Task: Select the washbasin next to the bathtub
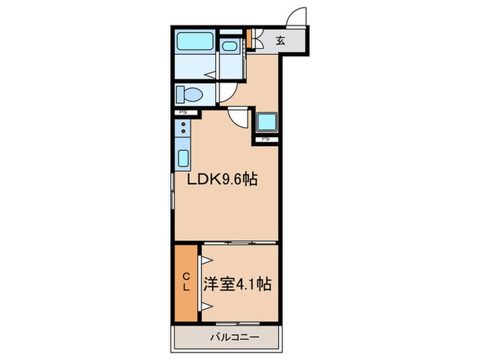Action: pos(231,47)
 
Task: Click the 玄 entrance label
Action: pos(280,41)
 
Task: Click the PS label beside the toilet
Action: pos(183,112)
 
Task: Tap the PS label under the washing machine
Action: pos(266,139)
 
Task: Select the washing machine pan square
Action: pos(266,121)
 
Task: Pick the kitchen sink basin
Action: pos(184,158)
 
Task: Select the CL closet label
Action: pos(186,283)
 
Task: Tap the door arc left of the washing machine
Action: pos(239,119)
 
